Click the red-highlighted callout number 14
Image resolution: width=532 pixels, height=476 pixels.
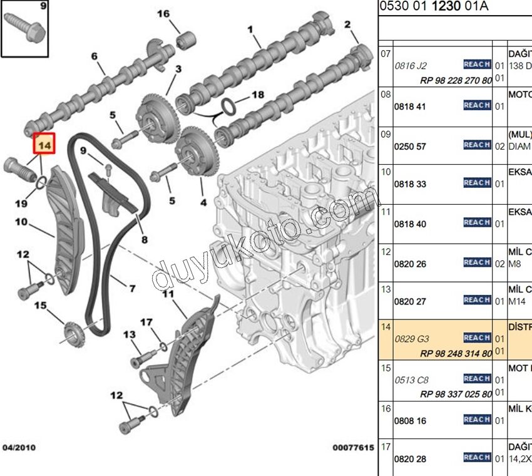click(44, 145)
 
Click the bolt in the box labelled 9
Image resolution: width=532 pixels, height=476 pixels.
click(26, 27)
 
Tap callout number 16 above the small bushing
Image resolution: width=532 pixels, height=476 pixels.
click(163, 14)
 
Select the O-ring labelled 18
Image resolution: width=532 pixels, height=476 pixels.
click(230, 106)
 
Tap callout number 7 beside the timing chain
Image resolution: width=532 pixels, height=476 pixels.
click(132, 289)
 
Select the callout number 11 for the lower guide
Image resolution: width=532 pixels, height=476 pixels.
click(167, 294)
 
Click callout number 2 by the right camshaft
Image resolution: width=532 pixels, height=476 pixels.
click(347, 24)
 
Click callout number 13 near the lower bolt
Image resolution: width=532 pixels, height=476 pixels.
click(129, 335)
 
